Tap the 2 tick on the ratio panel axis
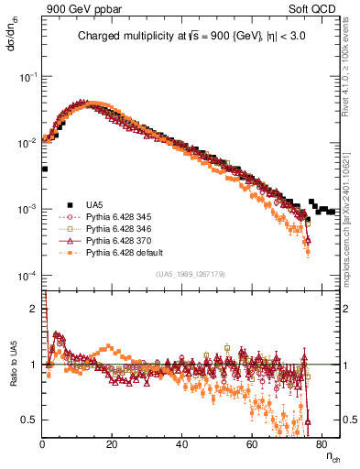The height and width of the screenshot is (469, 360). pyautogui.click(x=34, y=309)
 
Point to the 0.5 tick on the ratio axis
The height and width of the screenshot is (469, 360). pyautogui.click(x=30, y=420)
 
